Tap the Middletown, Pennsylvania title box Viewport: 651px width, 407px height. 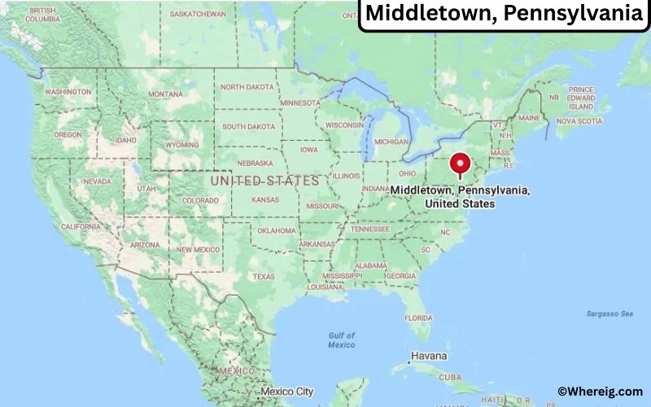point(505,14)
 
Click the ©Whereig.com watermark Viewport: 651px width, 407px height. point(600,392)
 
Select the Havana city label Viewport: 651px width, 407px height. point(430,356)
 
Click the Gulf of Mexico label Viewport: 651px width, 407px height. point(342,339)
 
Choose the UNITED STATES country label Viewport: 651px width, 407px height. point(264,180)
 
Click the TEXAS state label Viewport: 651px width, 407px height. point(264,276)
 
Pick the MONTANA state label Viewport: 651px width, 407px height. point(166,94)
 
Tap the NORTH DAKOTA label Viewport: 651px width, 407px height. point(248,87)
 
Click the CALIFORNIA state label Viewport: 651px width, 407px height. point(81,226)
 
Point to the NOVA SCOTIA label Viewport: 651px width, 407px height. point(579,121)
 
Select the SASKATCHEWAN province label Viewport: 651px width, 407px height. point(199,14)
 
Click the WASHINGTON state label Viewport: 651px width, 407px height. point(68,92)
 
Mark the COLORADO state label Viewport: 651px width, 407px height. point(200,199)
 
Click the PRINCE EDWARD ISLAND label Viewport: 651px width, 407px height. point(581,98)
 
